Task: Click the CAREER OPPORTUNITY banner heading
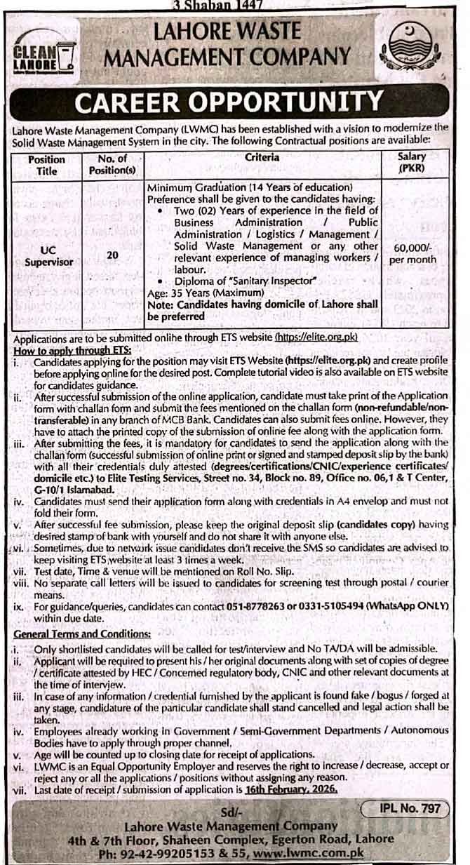pos(234,102)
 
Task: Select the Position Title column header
pos(46,165)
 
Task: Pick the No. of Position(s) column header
pos(112,165)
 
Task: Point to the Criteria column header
pos(262,158)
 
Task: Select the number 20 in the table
pos(112,255)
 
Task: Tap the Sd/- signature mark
pos(238,812)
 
